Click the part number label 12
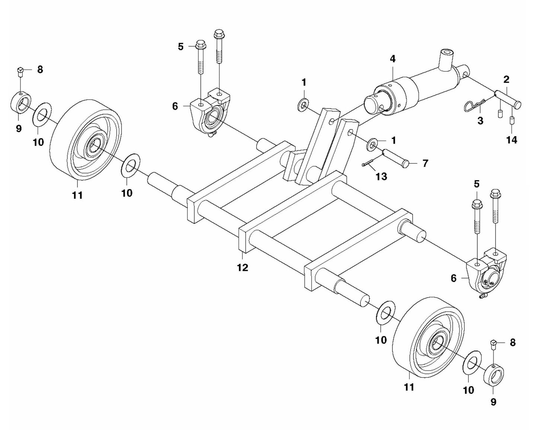(x=242, y=268)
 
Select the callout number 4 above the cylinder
(x=392, y=59)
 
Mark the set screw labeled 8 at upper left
(x=21, y=71)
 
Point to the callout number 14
(x=512, y=140)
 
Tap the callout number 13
(x=381, y=177)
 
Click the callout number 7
(x=425, y=163)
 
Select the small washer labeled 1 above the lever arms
(x=303, y=105)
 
